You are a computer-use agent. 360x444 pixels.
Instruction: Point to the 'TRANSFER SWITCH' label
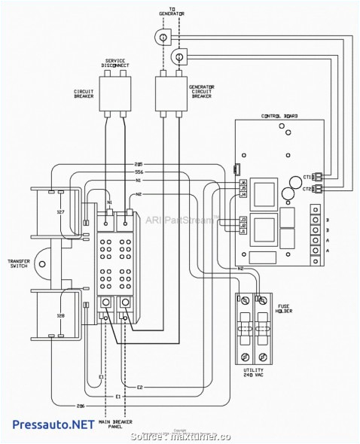point(18,264)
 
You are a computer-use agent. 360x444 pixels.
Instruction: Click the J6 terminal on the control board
point(243,183)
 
